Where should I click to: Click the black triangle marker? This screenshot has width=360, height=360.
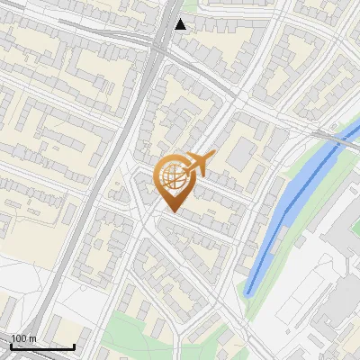click(x=181, y=24)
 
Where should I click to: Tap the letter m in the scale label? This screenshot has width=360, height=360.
click(x=33, y=339)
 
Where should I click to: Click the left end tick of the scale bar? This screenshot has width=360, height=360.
click(x=11, y=345)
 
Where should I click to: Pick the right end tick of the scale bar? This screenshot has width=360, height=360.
click(x=74, y=345)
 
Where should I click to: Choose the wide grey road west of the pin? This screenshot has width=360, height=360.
click(x=108, y=180)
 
